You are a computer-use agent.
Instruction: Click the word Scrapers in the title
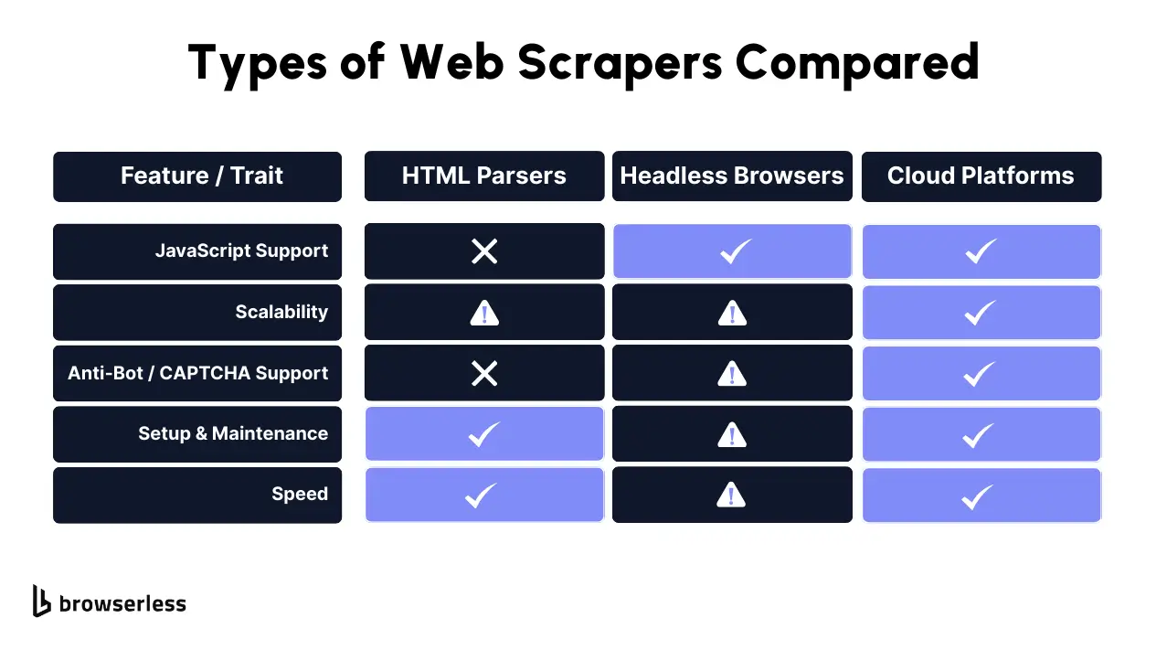pos(620,64)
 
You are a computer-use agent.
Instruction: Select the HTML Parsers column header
pos(484,176)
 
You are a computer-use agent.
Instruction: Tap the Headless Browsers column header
pos(732,176)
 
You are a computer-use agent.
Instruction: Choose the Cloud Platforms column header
pos(981,176)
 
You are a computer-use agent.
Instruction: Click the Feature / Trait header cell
pos(197,176)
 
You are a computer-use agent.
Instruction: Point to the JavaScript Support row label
pos(242,250)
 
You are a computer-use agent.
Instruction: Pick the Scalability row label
pos(281,312)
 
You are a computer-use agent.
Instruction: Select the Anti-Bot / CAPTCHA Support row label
pos(198,373)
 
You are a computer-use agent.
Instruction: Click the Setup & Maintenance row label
pos(233,433)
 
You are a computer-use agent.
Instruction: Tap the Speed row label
pos(300,494)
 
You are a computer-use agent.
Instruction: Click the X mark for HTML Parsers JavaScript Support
pos(484,251)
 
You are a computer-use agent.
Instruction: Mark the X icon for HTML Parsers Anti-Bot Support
pos(484,374)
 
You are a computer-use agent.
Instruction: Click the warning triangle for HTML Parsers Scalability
pos(484,313)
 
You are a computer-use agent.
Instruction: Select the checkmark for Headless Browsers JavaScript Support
pos(735,251)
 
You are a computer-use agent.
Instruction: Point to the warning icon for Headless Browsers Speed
pos(731,495)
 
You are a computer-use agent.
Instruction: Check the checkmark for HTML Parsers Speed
pos(481,495)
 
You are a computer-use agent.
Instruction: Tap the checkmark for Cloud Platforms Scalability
pos(980,313)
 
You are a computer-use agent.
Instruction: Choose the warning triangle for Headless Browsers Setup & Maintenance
pos(732,435)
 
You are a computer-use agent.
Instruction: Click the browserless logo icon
pos(41,601)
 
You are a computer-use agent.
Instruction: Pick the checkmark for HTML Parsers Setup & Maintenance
pos(484,435)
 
